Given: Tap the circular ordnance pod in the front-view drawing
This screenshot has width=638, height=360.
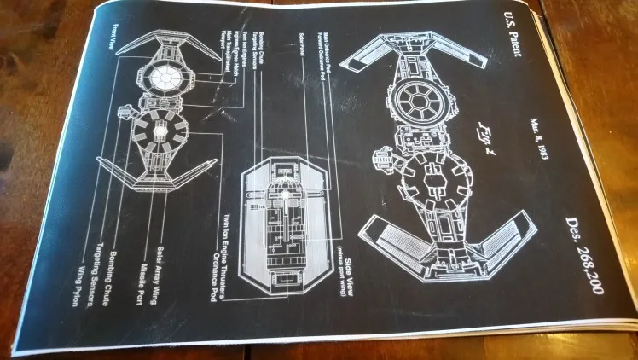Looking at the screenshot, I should click(159, 134).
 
